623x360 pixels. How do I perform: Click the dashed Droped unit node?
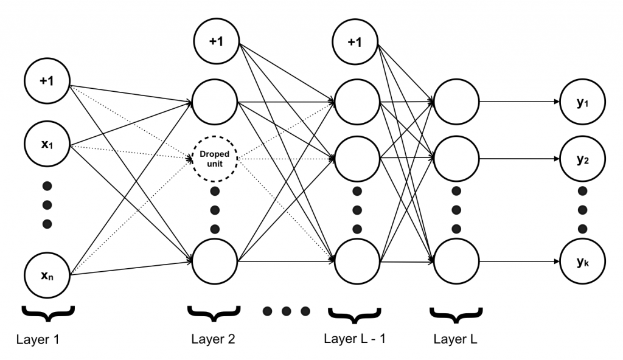tap(214, 159)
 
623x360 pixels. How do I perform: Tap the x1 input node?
tap(47, 146)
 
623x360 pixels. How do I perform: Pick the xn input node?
tap(47, 275)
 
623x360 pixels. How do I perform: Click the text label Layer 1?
tap(39, 339)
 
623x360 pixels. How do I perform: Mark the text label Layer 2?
tap(212, 339)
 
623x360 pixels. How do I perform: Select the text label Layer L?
tap(456, 339)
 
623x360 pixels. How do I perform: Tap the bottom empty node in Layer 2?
tap(215, 262)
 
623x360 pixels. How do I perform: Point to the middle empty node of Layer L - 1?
tap(357, 160)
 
